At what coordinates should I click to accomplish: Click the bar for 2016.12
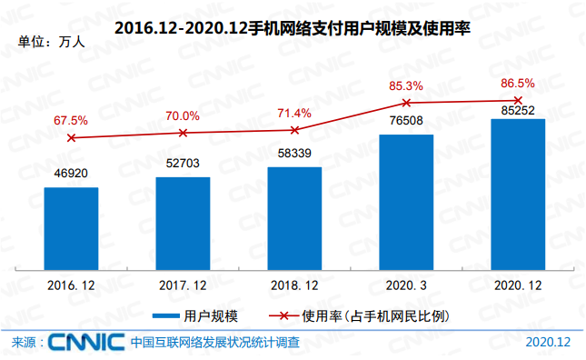pyautogui.click(x=71, y=228)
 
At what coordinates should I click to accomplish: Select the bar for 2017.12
pyautogui.click(x=183, y=223)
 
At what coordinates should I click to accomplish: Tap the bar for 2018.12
pyautogui.click(x=294, y=218)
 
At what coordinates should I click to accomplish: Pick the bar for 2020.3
pyautogui.click(x=406, y=202)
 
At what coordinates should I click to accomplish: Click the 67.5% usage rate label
pyautogui.click(x=71, y=120)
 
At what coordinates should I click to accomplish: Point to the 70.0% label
pyautogui.click(x=183, y=115)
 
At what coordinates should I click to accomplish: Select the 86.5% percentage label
pyautogui.click(x=518, y=84)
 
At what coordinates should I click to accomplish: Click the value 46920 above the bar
pyautogui.click(x=71, y=172)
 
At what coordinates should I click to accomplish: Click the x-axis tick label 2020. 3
pyautogui.click(x=406, y=285)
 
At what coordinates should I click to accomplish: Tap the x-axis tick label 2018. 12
pyautogui.click(x=294, y=285)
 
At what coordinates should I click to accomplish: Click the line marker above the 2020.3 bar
pyautogui.click(x=406, y=102)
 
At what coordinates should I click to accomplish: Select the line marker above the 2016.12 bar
pyautogui.click(x=71, y=137)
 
